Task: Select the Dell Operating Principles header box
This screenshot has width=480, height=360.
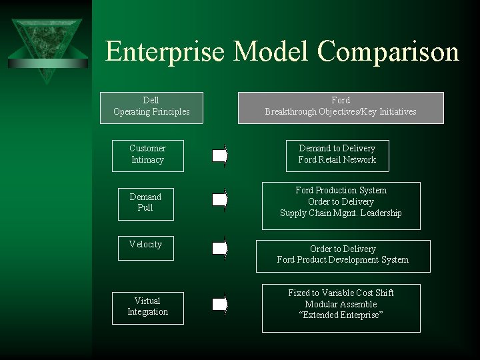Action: pos(151,107)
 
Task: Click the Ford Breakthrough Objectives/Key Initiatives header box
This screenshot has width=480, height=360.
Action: pos(341,107)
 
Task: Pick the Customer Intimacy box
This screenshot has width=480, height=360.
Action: pos(147,154)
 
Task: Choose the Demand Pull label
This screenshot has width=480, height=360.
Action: pos(145,202)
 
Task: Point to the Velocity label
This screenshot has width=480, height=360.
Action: pos(145,245)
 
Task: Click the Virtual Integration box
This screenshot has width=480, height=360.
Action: pos(147,307)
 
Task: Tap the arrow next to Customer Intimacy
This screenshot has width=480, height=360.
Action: pos(220,157)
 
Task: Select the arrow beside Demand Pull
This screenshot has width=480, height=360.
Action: pos(220,199)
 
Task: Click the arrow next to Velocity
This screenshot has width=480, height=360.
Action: pos(220,249)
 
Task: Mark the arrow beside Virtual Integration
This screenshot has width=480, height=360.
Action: pos(220,305)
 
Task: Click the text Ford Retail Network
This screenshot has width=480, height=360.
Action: pos(337,160)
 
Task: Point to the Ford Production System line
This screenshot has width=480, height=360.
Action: pos(341,191)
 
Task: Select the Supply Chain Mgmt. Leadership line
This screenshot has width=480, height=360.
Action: pos(341,213)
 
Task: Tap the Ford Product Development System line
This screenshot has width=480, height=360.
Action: pos(343,260)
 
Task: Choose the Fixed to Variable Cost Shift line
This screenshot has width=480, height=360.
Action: pos(341,293)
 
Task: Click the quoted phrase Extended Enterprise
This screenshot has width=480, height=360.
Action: pos(341,315)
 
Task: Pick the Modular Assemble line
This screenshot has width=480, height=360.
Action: pos(341,304)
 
